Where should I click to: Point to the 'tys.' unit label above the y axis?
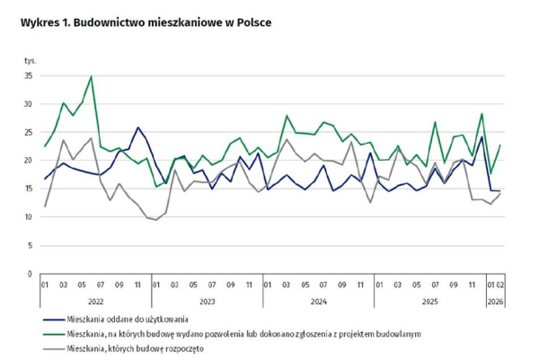point(31,59)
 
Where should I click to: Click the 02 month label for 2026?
point(500,286)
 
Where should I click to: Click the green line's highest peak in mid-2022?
point(91,76)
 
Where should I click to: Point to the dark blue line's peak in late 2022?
point(137,127)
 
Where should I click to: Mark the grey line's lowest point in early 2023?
point(156,220)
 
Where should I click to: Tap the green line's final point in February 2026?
point(499,145)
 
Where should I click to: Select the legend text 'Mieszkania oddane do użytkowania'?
point(128,319)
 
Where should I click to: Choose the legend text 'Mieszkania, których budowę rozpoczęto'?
point(137,347)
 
